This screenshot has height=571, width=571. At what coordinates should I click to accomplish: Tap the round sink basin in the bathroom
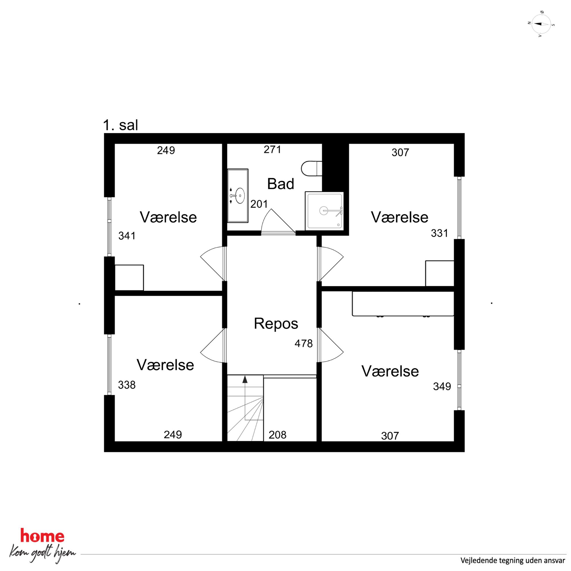click(240, 196)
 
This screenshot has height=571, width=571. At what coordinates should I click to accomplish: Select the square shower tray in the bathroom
click(324, 211)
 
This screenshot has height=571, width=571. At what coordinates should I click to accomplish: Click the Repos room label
click(276, 323)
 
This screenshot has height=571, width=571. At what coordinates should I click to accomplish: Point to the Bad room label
click(281, 184)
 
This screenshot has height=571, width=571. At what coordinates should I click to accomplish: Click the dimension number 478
click(304, 343)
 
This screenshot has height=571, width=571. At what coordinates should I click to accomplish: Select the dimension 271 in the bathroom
click(273, 150)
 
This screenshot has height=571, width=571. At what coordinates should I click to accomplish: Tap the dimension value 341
click(127, 235)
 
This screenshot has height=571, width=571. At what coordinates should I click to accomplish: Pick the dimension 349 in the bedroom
click(442, 386)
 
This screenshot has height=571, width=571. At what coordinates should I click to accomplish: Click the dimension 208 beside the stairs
click(277, 435)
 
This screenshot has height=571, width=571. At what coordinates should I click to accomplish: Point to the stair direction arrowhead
click(245, 380)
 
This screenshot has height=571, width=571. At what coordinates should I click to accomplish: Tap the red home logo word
click(42, 536)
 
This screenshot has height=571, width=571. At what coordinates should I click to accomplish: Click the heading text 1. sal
click(121, 125)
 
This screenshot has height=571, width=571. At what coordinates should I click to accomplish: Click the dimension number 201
click(259, 204)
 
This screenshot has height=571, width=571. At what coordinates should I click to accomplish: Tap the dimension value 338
click(127, 385)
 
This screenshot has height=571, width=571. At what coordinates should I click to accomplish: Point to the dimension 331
click(439, 233)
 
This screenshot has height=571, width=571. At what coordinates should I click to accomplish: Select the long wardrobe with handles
click(403, 304)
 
